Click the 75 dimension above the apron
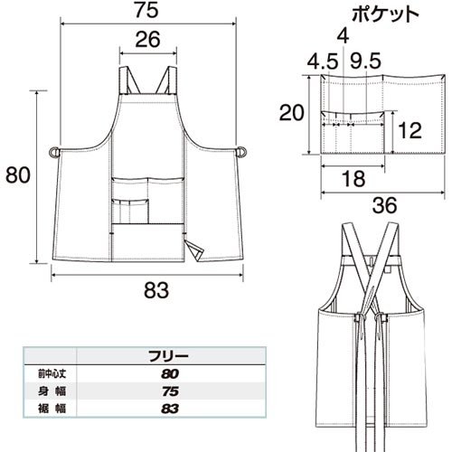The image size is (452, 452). [x=146, y=10]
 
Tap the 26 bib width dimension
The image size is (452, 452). [x=147, y=40]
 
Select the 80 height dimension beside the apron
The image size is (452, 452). [x=18, y=175]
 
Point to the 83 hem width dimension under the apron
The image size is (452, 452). [x=156, y=290]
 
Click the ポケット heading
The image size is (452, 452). [x=385, y=14]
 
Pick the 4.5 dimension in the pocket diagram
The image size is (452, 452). [x=323, y=61]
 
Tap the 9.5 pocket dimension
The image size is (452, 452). [x=365, y=61]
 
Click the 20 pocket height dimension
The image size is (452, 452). [x=292, y=113]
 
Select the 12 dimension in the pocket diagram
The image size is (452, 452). [x=410, y=130]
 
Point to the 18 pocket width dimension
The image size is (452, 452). [x=353, y=178]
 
